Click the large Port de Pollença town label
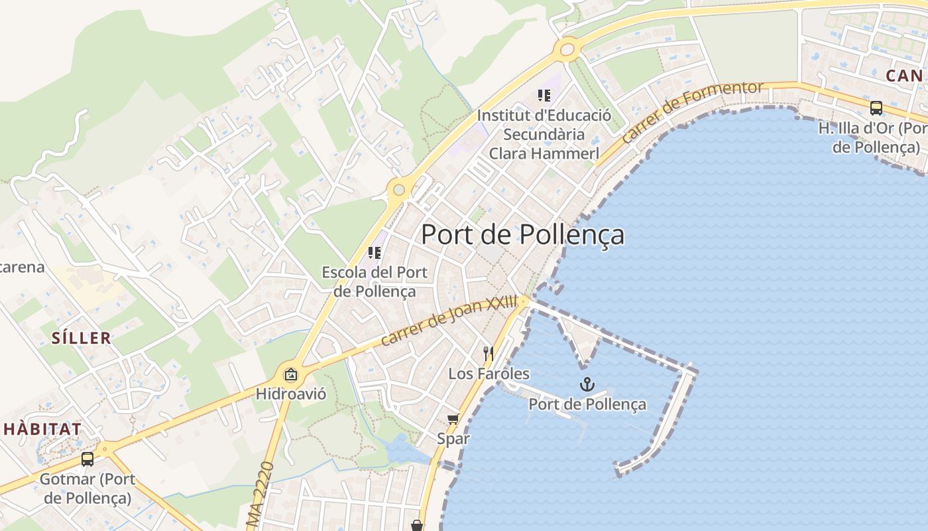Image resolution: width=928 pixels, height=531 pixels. tap(522, 235)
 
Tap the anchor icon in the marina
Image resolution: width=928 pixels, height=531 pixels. tap(587, 384)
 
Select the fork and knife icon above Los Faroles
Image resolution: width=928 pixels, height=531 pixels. tap(489, 353)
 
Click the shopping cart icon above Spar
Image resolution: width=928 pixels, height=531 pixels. tap(453, 419)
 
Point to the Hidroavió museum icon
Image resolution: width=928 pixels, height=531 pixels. tap(290, 375)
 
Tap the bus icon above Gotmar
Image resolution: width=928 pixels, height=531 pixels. tap(87, 459)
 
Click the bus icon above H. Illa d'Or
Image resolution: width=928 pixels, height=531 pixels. tap(876, 108)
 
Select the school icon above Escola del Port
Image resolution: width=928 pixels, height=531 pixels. tap(375, 253)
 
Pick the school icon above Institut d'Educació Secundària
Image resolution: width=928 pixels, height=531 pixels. tap(544, 96)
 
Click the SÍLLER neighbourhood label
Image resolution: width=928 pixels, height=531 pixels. tap(82, 338)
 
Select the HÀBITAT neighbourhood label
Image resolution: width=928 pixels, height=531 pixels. tap(42, 429)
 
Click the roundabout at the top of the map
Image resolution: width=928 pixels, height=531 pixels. tap(566, 49)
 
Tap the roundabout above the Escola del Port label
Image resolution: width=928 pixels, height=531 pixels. tap(398, 190)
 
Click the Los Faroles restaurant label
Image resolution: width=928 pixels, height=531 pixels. tap(489, 374)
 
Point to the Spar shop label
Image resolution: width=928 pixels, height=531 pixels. tap(453, 439)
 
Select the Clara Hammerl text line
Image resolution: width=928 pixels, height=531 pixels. tap(544, 153)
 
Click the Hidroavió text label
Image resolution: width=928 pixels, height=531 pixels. tap(291, 394)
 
